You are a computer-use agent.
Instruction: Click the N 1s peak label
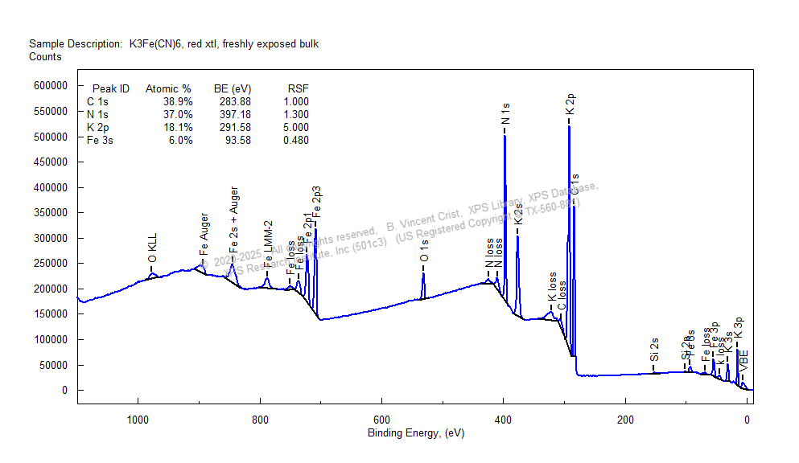[x=505, y=113]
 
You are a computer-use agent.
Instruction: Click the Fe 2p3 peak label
[x=317, y=201]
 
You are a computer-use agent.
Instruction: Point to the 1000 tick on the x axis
[x=138, y=419]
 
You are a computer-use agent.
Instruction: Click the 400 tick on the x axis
[x=504, y=419]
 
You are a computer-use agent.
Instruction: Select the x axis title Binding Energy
[x=415, y=433]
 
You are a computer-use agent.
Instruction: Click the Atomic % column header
[x=168, y=88]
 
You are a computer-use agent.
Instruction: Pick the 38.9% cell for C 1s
[x=178, y=101]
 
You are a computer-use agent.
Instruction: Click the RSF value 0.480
[x=295, y=140]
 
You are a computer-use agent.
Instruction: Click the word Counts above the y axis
[x=45, y=57]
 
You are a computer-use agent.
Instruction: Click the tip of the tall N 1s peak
[x=505, y=136]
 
